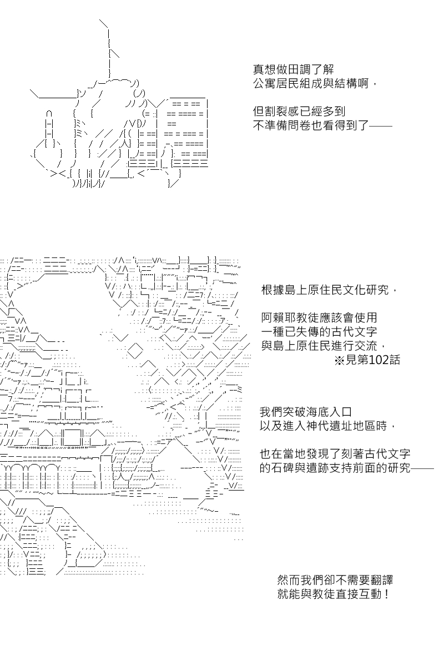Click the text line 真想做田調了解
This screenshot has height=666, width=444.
(294, 69)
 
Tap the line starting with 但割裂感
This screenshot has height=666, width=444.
(299, 112)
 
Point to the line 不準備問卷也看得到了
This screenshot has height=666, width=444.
(322, 125)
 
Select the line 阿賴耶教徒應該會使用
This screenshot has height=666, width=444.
(319, 317)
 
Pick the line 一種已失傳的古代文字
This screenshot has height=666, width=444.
(319, 331)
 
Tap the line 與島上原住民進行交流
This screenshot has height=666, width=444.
(323, 346)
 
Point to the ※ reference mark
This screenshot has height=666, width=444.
(339, 360)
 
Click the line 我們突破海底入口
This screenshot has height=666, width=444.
(306, 412)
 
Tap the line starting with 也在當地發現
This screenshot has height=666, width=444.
(335, 454)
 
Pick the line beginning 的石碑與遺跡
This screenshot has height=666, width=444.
(347, 468)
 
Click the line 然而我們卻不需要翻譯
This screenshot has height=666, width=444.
(335, 580)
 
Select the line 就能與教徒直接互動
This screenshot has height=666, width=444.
(333, 594)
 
